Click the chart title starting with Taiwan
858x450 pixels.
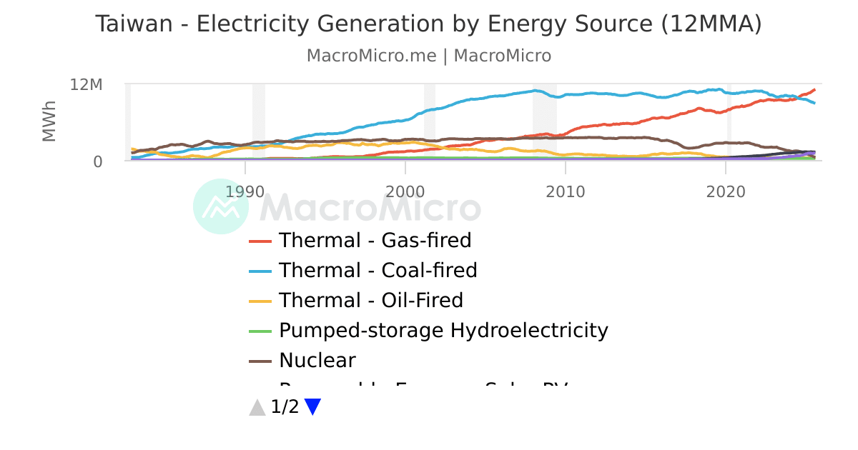click(428, 24)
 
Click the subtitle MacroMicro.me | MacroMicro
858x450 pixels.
click(428, 56)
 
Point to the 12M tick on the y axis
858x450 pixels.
click(87, 85)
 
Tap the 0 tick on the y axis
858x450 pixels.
click(97, 161)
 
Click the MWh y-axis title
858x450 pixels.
click(49, 121)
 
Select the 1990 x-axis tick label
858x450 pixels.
click(245, 192)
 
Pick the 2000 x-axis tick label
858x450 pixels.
click(405, 192)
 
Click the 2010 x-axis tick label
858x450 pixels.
click(566, 192)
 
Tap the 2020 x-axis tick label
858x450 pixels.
click(726, 192)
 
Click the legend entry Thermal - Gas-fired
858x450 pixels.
click(375, 241)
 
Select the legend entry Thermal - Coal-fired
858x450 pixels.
click(378, 271)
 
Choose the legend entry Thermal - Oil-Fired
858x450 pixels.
click(370, 301)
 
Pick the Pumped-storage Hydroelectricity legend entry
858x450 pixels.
click(443, 331)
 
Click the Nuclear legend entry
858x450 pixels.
click(317, 361)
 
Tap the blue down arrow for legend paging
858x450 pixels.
click(312, 407)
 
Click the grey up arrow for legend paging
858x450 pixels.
click(257, 407)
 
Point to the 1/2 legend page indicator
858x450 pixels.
click(285, 407)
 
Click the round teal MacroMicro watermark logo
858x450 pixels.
click(221, 206)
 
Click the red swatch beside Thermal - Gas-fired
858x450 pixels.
click(260, 241)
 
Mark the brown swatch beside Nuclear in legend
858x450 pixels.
click(260, 361)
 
